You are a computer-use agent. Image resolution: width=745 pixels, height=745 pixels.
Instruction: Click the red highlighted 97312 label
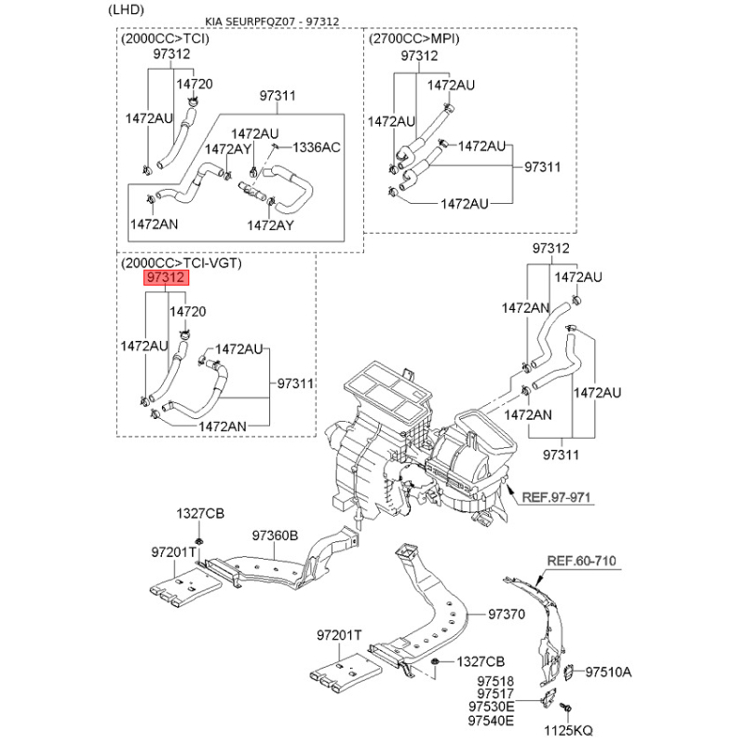166,278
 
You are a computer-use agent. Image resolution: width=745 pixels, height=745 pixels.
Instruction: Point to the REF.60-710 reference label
580,561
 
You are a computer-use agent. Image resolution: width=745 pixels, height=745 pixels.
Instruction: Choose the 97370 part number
508,615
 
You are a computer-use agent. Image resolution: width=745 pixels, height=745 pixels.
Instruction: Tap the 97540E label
491,721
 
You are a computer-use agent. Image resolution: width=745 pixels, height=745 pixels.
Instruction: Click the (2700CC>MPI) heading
414,39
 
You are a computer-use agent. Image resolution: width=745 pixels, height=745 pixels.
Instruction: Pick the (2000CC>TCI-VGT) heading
181,264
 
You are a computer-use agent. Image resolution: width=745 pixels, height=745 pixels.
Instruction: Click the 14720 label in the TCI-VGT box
186,311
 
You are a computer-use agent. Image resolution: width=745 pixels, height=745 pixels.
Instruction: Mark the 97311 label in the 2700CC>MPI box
543,168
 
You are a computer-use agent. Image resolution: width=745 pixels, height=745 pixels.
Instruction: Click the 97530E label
491,708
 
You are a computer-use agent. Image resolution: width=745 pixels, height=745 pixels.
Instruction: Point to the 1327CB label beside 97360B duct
200,514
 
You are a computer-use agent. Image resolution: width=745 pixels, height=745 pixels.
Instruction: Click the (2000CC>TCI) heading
165,39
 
